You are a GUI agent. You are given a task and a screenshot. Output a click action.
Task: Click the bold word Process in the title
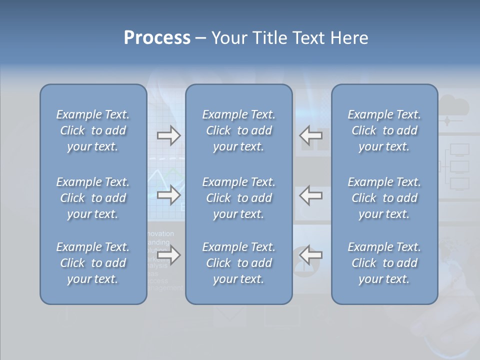157,38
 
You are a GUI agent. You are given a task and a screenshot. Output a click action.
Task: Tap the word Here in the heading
348,38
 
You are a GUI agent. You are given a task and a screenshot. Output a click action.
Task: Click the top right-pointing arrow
168,135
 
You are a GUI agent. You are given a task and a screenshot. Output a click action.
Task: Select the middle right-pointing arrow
168,195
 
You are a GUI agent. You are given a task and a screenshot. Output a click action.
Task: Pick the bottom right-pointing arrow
168,255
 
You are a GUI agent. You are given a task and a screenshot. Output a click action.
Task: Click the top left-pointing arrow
311,135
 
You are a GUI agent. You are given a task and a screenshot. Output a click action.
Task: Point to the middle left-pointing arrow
311,195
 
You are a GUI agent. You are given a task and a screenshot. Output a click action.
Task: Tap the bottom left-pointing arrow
311,255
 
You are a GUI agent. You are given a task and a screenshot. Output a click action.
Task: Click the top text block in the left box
93,130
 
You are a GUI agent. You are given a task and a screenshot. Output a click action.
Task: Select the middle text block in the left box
93,198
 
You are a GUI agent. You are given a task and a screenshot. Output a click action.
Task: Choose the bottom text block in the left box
93,263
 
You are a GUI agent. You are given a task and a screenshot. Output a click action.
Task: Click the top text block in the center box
238,130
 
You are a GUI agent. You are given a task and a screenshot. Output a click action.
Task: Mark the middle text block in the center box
238,198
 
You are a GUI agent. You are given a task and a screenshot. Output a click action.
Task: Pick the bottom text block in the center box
238,263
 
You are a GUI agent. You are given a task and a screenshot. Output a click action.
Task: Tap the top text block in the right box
384,130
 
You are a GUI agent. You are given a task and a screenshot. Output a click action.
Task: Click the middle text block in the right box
384,198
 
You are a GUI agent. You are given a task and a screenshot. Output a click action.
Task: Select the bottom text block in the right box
384,263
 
